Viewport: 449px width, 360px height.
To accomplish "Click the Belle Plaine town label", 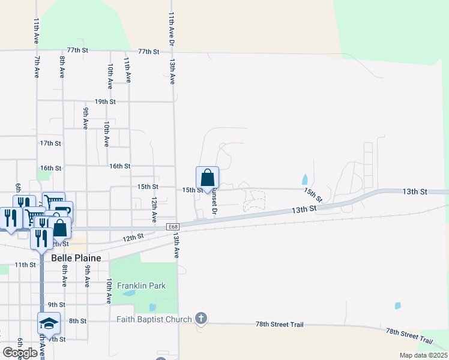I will [76, 257].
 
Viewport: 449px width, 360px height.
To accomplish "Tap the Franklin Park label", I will [142, 286].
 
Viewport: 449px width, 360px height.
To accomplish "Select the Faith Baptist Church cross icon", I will [201, 319].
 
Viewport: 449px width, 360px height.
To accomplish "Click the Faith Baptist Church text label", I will [154, 320].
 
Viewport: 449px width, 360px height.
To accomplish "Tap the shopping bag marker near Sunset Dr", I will [208, 178].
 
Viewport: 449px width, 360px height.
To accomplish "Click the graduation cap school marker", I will [49, 323].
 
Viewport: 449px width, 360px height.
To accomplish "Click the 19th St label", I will [104, 102].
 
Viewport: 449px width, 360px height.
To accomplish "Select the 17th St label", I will [50, 143].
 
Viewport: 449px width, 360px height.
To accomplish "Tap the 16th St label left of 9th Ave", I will [50, 169].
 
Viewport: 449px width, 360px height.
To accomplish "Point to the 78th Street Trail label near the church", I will [279, 325].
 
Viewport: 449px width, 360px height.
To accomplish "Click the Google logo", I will [20, 353].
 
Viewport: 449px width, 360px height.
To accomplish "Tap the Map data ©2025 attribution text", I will [423, 355].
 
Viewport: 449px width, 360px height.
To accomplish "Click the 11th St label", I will [25, 265].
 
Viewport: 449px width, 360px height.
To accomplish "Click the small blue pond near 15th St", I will [306, 179].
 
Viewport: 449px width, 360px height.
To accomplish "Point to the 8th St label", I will [77, 321].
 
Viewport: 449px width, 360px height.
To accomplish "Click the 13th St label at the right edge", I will [414, 191].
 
